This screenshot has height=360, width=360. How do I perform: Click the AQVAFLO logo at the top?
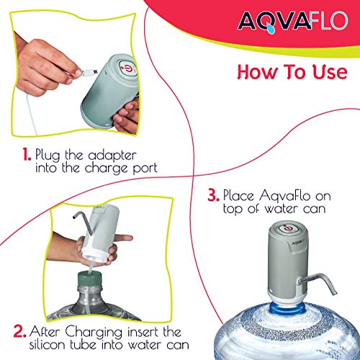[x=292, y=22]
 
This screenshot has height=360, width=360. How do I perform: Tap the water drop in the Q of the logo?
[x=271, y=29]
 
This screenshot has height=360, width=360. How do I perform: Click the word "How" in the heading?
[x=258, y=72]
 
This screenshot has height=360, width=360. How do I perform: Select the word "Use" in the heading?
[x=330, y=72]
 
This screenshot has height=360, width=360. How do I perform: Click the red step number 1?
[x=27, y=154]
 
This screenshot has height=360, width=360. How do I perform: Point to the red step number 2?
[x=19, y=331]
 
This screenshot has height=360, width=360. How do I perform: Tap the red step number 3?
[x=213, y=195]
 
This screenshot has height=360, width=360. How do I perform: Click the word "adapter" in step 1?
[x=112, y=156]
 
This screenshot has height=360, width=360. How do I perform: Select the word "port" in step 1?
[x=145, y=168]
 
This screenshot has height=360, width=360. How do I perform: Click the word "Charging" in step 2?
[x=94, y=333]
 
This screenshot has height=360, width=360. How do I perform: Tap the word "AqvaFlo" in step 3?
[x=284, y=196]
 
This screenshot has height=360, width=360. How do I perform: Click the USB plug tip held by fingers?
[x=90, y=72]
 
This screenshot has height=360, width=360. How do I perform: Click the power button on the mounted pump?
[x=288, y=228]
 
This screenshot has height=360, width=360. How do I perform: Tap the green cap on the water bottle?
[x=89, y=279]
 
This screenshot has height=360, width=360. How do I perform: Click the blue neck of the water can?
[x=287, y=309]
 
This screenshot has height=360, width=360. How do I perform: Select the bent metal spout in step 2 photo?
[x=83, y=222]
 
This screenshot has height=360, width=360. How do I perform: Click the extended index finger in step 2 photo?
[x=123, y=238]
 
